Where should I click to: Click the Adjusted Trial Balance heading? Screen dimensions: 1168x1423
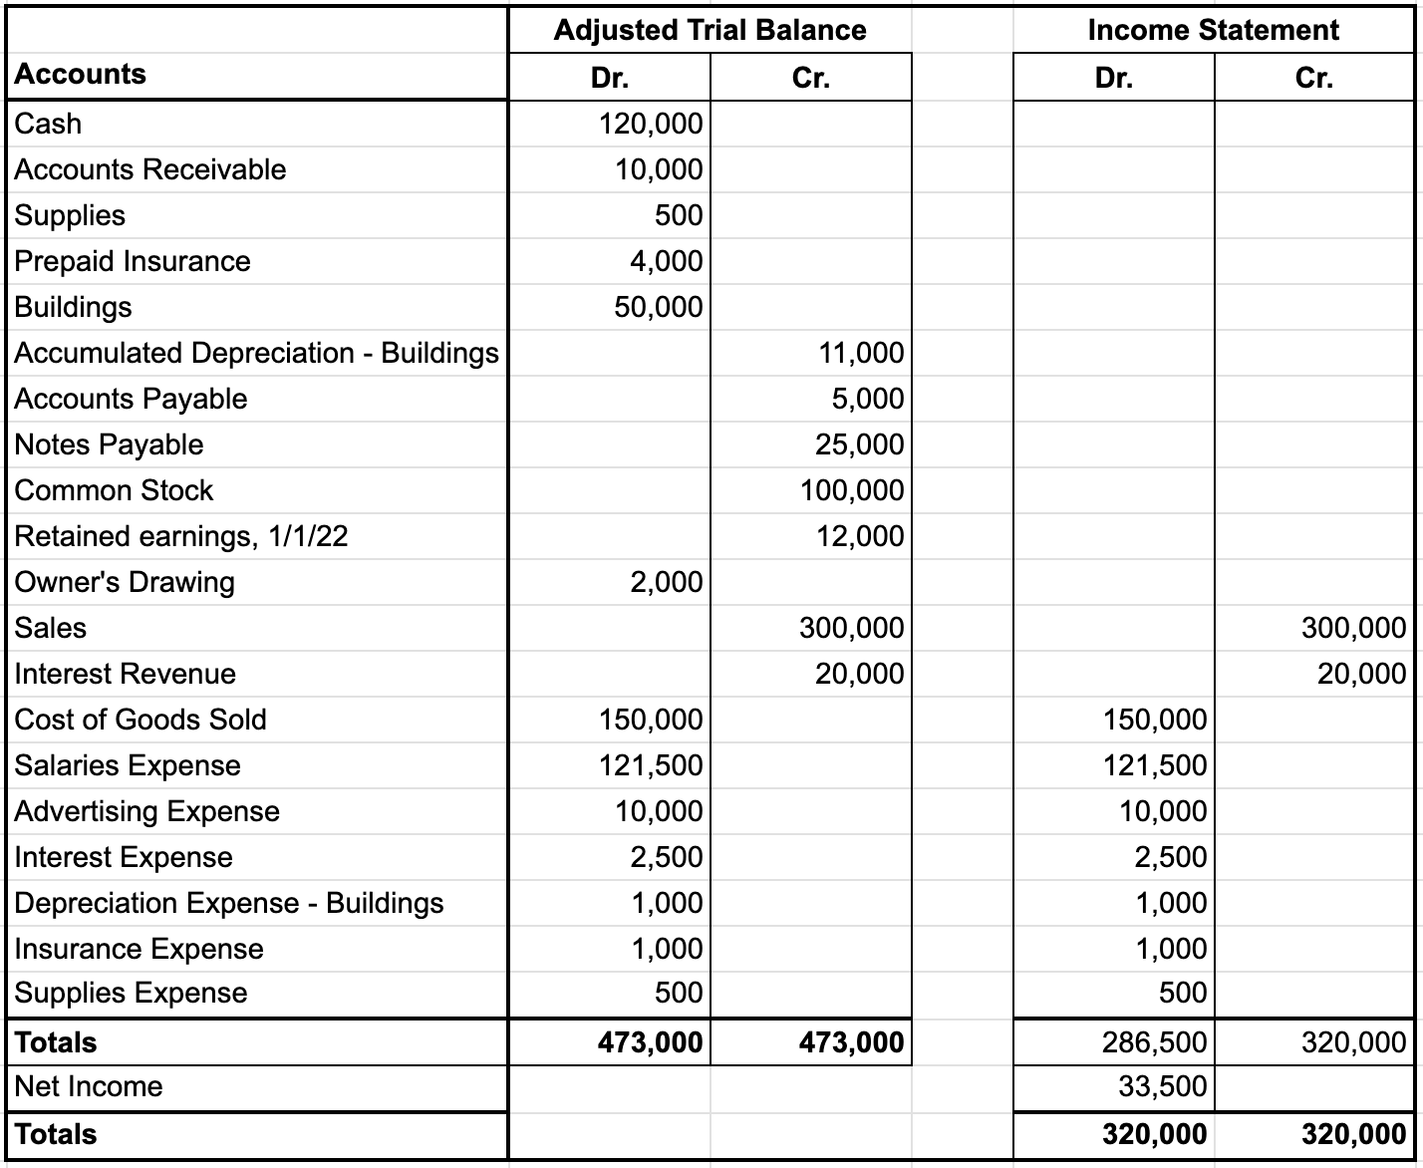point(710,30)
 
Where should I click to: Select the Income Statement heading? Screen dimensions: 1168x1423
point(1213,30)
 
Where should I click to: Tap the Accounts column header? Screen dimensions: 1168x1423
point(80,75)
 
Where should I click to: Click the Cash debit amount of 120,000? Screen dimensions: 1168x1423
point(651,124)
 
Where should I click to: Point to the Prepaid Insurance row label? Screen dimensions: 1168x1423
point(133,261)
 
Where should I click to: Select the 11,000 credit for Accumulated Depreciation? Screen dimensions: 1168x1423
point(861,353)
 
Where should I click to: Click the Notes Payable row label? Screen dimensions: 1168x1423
point(109,444)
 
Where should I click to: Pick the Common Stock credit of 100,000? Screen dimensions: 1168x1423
point(852,490)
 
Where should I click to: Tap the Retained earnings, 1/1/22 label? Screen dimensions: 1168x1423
point(181,536)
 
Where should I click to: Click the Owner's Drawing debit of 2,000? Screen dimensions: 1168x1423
point(666,582)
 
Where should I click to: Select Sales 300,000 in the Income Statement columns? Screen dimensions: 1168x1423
point(1353,628)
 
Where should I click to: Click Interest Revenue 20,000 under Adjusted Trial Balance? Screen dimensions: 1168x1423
point(859,674)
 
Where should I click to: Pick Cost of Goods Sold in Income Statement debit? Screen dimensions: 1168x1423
point(1155,720)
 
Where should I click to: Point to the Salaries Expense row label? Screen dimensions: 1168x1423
point(128,765)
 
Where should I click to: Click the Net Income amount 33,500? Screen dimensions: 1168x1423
point(1162,1086)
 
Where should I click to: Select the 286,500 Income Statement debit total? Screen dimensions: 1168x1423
point(1154,1042)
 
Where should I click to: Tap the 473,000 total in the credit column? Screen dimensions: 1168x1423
point(851,1042)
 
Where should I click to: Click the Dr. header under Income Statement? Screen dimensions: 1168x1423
point(1113,78)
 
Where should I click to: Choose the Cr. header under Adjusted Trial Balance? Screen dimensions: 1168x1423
point(810,78)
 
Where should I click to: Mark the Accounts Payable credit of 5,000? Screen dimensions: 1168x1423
point(868,399)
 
